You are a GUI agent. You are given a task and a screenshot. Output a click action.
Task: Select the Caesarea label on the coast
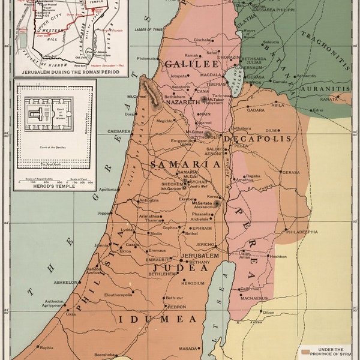coord(119,130)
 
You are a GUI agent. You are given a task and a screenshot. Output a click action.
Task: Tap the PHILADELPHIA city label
coord(302,232)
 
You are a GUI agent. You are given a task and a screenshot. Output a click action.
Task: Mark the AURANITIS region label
coord(326,88)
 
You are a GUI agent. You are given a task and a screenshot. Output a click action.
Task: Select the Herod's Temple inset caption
coord(55,185)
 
